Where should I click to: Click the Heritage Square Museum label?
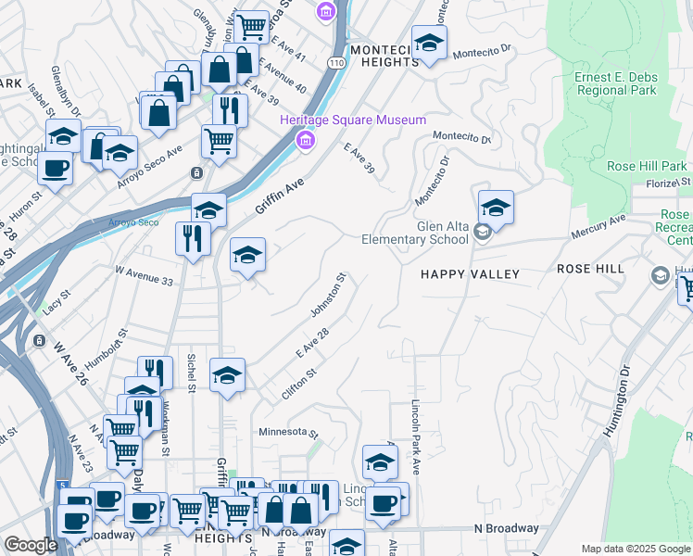tap(354, 120)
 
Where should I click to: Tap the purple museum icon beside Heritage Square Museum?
tap(303, 141)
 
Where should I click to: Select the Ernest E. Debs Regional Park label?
tap(616, 83)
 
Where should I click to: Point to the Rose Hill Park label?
tap(647, 166)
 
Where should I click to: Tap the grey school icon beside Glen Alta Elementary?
tap(482, 232)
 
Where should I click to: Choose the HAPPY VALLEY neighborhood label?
tap(470, 274)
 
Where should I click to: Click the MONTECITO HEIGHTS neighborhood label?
tap(384, 55)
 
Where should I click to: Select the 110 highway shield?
tap(335, 62)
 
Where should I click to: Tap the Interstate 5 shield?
tap(60, 485)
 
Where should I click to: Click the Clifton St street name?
tap(298, 385)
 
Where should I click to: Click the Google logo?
tap(31, 545)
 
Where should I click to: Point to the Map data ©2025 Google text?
tap(635, 549)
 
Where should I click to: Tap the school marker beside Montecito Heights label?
tap(429, 43)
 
